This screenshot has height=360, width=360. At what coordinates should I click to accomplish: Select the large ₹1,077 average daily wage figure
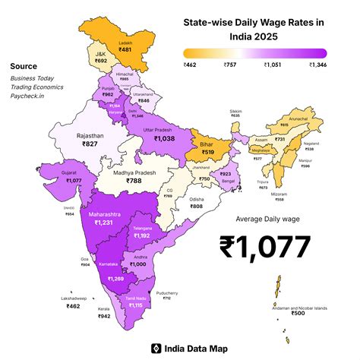tap(265, 248)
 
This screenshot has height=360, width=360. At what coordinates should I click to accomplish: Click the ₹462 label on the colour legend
tap(191, 66)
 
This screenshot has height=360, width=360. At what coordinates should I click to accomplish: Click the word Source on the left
tap(24, 66)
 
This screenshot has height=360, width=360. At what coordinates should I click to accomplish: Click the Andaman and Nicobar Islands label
tap(301, 308)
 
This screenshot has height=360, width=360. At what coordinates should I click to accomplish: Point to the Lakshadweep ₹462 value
tap(73, 306)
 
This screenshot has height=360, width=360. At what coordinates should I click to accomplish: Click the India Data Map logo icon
tap(156, 349)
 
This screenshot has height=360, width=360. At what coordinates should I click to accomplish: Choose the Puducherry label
tap(177, 292)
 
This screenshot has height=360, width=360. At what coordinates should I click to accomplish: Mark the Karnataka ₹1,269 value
tap(115, 279)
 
